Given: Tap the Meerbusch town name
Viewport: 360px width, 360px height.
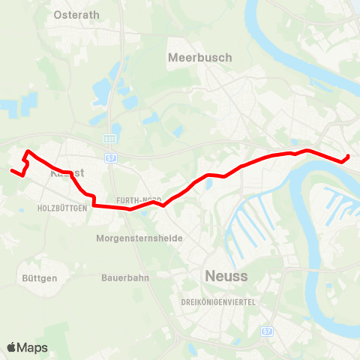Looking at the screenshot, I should pyautogui.click(x=200, y=58).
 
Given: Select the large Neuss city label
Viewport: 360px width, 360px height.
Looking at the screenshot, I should pyautogui.click(x=226, y=277).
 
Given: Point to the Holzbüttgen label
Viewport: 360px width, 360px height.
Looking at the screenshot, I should pyautogui.click(x=63, y=208).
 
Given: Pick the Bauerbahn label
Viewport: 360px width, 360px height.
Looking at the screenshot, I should pyautogui.click(x=125, y=277).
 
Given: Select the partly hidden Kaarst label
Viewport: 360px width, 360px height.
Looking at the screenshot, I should pyautogui.click(x=66, y=172).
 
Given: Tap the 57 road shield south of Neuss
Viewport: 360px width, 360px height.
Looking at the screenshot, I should pyautogui.click(x=267, y=331).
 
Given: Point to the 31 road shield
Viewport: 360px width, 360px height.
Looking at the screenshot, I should pyautogui.click(x=109, y=139).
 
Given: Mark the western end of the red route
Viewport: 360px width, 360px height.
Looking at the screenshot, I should pyautogui.click(x=11, y=171).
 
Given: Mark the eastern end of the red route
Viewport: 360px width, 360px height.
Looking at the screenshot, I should pyautogui.click(x=349, y=156).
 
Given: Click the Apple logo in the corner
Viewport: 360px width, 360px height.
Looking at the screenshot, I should pyautogui.click(x=12, y=347).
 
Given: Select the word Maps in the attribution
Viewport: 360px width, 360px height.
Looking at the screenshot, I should pyautogui.click(x=33, y=348).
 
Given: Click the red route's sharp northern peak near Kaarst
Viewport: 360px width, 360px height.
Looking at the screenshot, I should pyautogui.click(x=28, y=152).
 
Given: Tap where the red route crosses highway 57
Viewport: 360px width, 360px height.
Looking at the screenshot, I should pyautogui.click(x=112, y=208).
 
